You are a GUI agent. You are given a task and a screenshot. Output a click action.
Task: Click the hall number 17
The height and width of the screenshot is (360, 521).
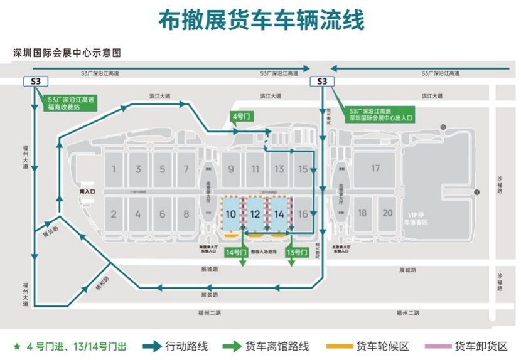[375, 168]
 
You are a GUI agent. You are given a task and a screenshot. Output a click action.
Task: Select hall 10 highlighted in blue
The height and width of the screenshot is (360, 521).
[231, 214]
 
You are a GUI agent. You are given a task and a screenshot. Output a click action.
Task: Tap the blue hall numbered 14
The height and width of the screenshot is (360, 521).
[279, 214]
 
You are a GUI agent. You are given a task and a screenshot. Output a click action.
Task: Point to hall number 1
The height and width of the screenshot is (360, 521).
[114, 169]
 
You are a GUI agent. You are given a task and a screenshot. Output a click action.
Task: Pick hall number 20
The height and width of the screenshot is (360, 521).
[387, 213]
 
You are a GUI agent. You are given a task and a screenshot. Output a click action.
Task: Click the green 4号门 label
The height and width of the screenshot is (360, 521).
[242, 117]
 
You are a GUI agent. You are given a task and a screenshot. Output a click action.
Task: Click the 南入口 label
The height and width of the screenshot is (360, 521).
[87, 189]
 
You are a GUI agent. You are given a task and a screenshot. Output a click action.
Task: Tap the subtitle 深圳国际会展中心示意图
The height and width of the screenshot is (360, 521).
[67, 53]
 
